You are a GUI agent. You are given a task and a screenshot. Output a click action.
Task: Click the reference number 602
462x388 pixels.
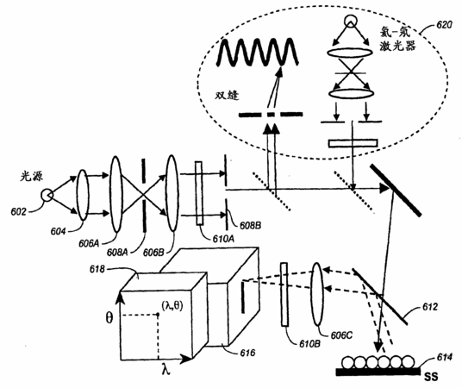tap(18, 212)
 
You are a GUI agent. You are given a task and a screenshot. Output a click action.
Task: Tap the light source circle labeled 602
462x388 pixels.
tap(47, 195)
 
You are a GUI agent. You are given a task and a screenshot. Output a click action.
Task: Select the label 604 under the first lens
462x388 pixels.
tap(58, 232)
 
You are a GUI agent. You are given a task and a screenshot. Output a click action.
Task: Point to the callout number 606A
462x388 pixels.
tap(90, 243)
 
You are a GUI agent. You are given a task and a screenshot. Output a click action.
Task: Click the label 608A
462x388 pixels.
tap(117, 253)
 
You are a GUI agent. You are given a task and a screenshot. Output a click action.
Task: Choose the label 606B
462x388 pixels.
tap(153, 253)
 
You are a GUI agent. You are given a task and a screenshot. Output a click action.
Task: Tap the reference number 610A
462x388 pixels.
tap(223, 239)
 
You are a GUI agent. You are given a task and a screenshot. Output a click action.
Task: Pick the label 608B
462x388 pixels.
tap(250, 226)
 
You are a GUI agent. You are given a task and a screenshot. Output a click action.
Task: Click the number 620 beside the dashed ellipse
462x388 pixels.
tap(444, 25)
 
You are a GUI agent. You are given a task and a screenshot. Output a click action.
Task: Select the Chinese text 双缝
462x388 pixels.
tap(227, 95)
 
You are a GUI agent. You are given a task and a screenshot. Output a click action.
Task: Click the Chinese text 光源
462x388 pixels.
tap(32, 176)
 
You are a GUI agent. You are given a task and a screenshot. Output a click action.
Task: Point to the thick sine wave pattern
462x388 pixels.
tap(258, 53)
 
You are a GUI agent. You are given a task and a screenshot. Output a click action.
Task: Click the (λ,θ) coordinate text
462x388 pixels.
tap(172, 306)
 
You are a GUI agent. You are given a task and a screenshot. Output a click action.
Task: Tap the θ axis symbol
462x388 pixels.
tap(109, 318)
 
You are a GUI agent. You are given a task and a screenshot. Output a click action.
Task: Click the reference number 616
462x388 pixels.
tap(247, 353)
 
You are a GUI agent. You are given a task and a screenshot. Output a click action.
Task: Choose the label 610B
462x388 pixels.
tap(310, 344)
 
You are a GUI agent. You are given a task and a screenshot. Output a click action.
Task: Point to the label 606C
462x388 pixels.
tap(341, 335)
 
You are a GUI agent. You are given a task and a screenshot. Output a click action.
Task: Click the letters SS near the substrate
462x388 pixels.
tap(431, 377)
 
